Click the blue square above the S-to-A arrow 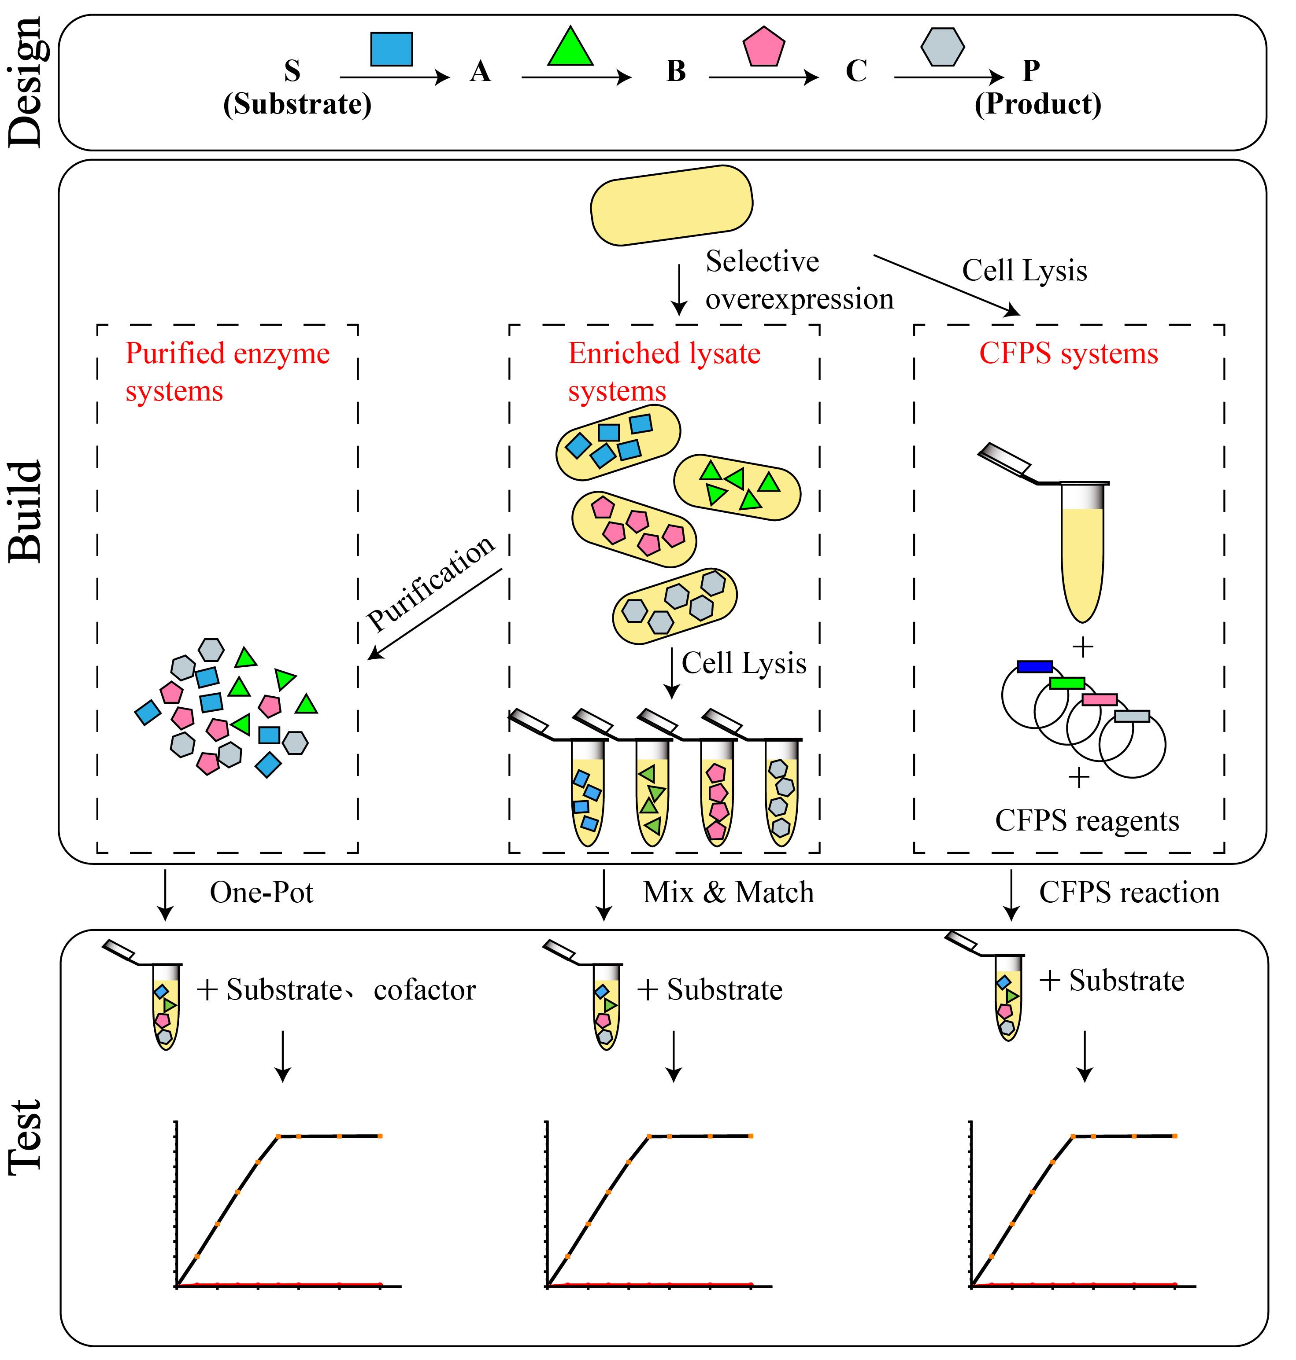coord(391,49)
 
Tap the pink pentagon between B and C coord(763,48)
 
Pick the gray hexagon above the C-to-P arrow coord(942,47)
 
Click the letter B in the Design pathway coord(676,71)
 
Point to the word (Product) coord(1037,104)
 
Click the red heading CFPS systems coord(1068,353)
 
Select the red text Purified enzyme coord(227,353)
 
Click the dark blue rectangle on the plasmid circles coord(1034,666)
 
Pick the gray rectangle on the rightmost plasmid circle coord(1132,716)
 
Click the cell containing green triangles coord(737,487)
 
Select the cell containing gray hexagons coord(675,606)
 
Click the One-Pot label coord(261,893)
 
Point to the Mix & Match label coord(728,893)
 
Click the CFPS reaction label coord(1129,893)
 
